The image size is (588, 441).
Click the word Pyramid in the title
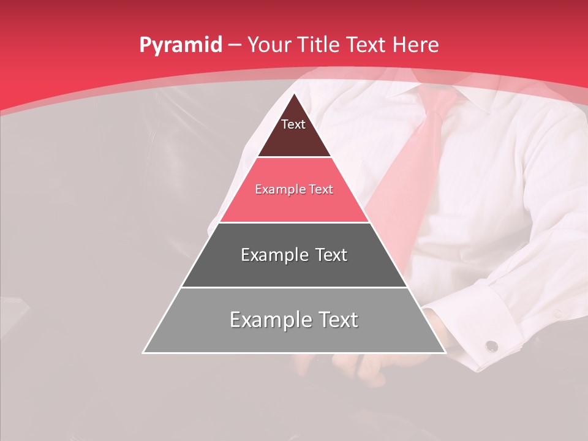coord(181,45)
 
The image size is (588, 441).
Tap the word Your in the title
coord(269,45)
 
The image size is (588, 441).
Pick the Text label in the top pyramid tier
coord(293,124)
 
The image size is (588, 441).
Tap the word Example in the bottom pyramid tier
coord(268,320)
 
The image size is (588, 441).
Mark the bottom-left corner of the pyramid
coord(144,352)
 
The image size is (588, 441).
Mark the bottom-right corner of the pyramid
coord(445,352)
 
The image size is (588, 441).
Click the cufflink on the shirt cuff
coord(491,347)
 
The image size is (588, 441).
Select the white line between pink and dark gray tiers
coord(294,222)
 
